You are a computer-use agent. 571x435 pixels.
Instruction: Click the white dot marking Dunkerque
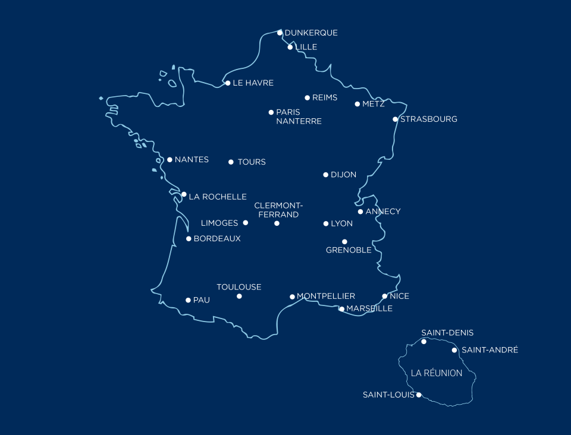280,33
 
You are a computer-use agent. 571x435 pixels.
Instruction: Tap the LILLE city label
306,47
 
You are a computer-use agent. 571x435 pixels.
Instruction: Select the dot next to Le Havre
228,83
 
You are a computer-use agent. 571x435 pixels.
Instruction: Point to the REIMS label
325,97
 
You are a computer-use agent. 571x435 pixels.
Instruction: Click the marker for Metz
357,104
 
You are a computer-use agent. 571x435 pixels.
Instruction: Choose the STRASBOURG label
429,119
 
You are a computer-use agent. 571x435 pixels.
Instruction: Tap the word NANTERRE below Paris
299,121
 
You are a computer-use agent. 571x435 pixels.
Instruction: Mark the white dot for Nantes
170,160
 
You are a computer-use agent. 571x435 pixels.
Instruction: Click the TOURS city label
252,162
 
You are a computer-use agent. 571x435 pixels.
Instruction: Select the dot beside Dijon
326,175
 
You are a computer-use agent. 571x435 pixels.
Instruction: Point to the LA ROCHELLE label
218,197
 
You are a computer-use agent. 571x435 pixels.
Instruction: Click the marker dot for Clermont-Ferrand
277,223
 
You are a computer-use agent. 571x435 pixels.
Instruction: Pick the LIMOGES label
219,223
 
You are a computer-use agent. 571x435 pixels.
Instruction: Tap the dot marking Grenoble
344,242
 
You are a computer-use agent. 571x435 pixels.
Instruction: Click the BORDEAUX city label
217,239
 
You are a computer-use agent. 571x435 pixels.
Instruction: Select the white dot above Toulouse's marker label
239,296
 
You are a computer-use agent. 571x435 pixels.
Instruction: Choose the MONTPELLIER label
326,296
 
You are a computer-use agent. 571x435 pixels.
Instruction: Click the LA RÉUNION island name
437,373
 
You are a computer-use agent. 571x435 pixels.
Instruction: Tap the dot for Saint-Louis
419,395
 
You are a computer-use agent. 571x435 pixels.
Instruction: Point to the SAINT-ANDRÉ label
490,350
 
